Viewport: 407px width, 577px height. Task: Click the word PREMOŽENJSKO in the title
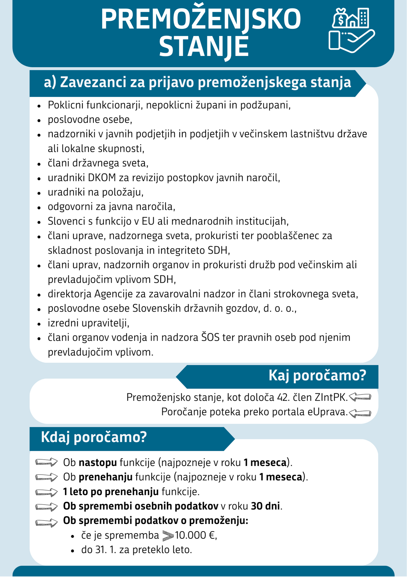201,20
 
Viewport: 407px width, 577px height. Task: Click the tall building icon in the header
363,17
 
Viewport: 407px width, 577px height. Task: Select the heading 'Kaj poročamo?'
317,376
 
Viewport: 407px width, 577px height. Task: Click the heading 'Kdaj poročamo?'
94,437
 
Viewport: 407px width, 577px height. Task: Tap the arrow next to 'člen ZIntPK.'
360,398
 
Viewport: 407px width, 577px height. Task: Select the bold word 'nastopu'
98,463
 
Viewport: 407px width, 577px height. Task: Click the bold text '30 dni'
265,506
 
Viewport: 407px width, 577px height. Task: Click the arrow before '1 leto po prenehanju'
46,492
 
